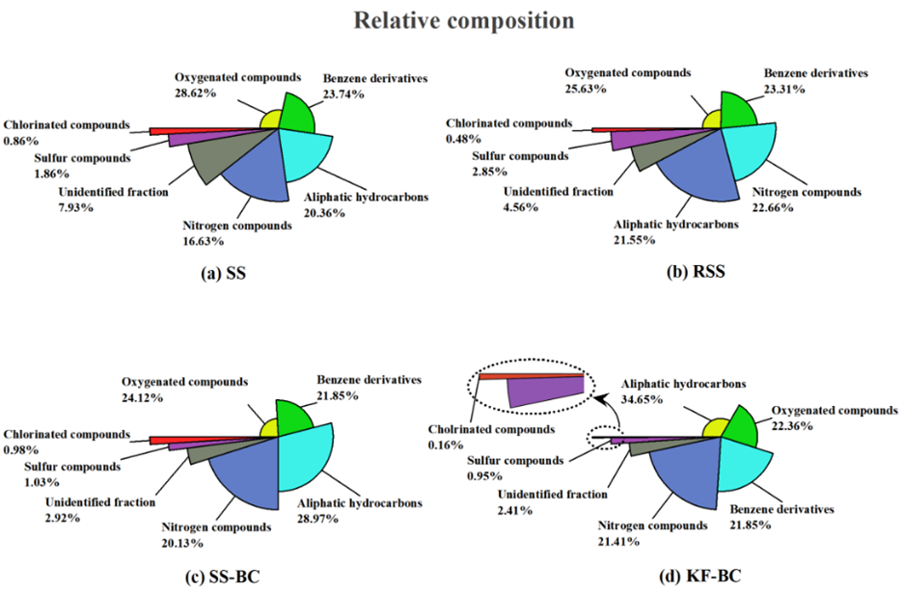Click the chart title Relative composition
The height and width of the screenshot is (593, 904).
452,20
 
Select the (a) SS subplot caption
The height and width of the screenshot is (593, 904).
223,273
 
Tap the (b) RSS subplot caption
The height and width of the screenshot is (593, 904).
696,272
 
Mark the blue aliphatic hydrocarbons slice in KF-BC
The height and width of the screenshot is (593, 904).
685,472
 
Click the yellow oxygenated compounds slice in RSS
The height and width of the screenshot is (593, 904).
714,120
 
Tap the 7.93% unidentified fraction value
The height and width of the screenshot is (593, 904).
74,207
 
